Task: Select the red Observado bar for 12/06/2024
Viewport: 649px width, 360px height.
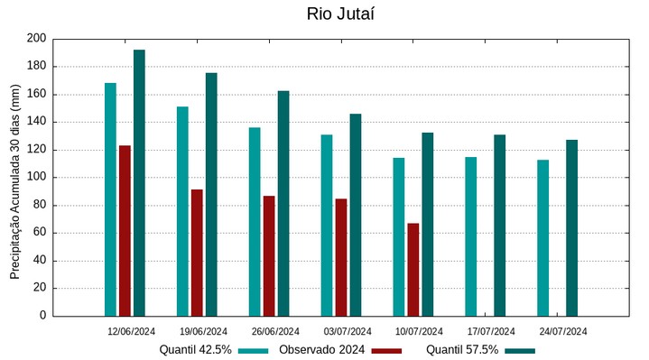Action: (x=125, y=230)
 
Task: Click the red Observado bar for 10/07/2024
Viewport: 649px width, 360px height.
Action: (x=413, y=269)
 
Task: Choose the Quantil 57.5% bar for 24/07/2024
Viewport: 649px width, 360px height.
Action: (x=571, y=227)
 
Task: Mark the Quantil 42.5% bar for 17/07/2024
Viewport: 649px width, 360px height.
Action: (x=470, y=236)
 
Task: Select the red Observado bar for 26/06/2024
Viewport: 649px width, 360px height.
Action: (x=269, y=255)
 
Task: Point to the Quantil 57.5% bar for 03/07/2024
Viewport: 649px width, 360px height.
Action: (x=356, y=215)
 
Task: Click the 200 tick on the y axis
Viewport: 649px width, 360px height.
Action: (x=36, y=39)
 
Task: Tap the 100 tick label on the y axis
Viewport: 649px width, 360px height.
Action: (x=36, y=178)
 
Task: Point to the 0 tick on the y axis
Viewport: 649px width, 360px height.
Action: (x=42, y=316)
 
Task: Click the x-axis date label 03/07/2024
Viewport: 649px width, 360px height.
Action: (x=348, y=331)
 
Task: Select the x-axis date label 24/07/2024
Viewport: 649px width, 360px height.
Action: (x=563, y=331)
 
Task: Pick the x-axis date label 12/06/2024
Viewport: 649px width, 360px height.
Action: (x=132, y=331)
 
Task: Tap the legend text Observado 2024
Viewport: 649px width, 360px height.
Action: (x=321, y=350)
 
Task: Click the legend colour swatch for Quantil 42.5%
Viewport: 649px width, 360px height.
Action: (x=254, y=350)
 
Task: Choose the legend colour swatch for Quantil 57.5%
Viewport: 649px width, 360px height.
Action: (x=520, y=350)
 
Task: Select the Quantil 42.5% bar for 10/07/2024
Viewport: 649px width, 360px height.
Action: (x=399, y=236)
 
